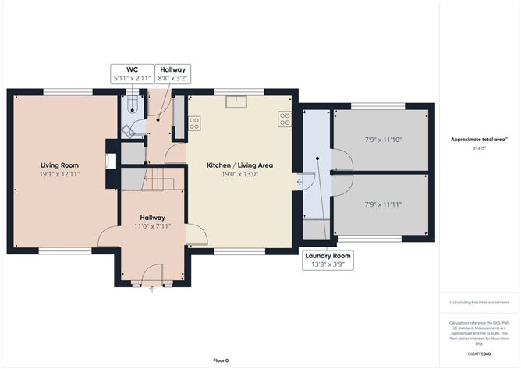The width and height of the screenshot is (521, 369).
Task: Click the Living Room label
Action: pos(59,165)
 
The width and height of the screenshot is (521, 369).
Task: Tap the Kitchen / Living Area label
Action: pos(240,165)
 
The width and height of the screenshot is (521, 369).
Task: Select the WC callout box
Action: pos(133,74)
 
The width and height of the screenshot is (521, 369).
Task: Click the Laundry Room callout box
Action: pos(328,260)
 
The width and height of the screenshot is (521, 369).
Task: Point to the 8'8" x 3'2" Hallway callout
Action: pos(173,74)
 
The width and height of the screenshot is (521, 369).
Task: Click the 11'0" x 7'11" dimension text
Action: pos(153,226)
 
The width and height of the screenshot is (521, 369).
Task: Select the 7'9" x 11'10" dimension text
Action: pos(384,140)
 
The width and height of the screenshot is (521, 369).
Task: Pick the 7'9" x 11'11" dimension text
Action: pos(384,204)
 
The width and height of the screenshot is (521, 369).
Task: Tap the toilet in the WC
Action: pos(133,105)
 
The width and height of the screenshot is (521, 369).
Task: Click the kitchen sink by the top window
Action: pos(236,101)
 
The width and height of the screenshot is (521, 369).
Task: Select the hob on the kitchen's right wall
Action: pos(285,119)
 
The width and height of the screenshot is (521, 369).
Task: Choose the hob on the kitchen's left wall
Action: pos(194,123)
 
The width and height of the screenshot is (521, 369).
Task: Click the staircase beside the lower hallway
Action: pos(159,179)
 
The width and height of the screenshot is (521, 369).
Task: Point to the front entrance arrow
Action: pos(152,289)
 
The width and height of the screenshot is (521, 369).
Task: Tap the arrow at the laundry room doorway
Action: pos(300,182)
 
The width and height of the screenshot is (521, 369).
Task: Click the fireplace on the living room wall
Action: pos(111,161)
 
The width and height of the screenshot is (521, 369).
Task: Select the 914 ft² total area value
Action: pos(479,148)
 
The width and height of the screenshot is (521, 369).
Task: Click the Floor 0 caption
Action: pos(221,360)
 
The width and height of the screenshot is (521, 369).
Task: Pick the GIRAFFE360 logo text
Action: pos(479,353)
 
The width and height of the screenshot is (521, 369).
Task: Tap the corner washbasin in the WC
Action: pos(128,131)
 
